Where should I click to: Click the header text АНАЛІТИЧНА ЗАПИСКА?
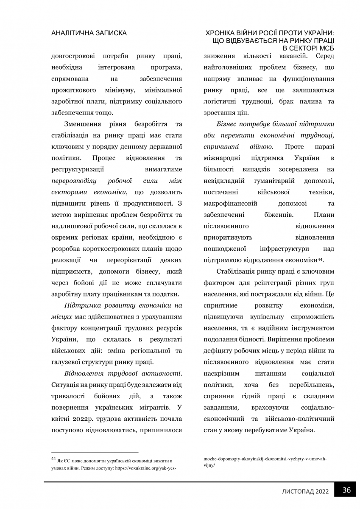pyautogui.click(x=89, y=33)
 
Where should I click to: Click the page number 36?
pyautogui.click(x=346, y=490)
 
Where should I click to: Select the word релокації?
pyautogui.click(x=65, y=259)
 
